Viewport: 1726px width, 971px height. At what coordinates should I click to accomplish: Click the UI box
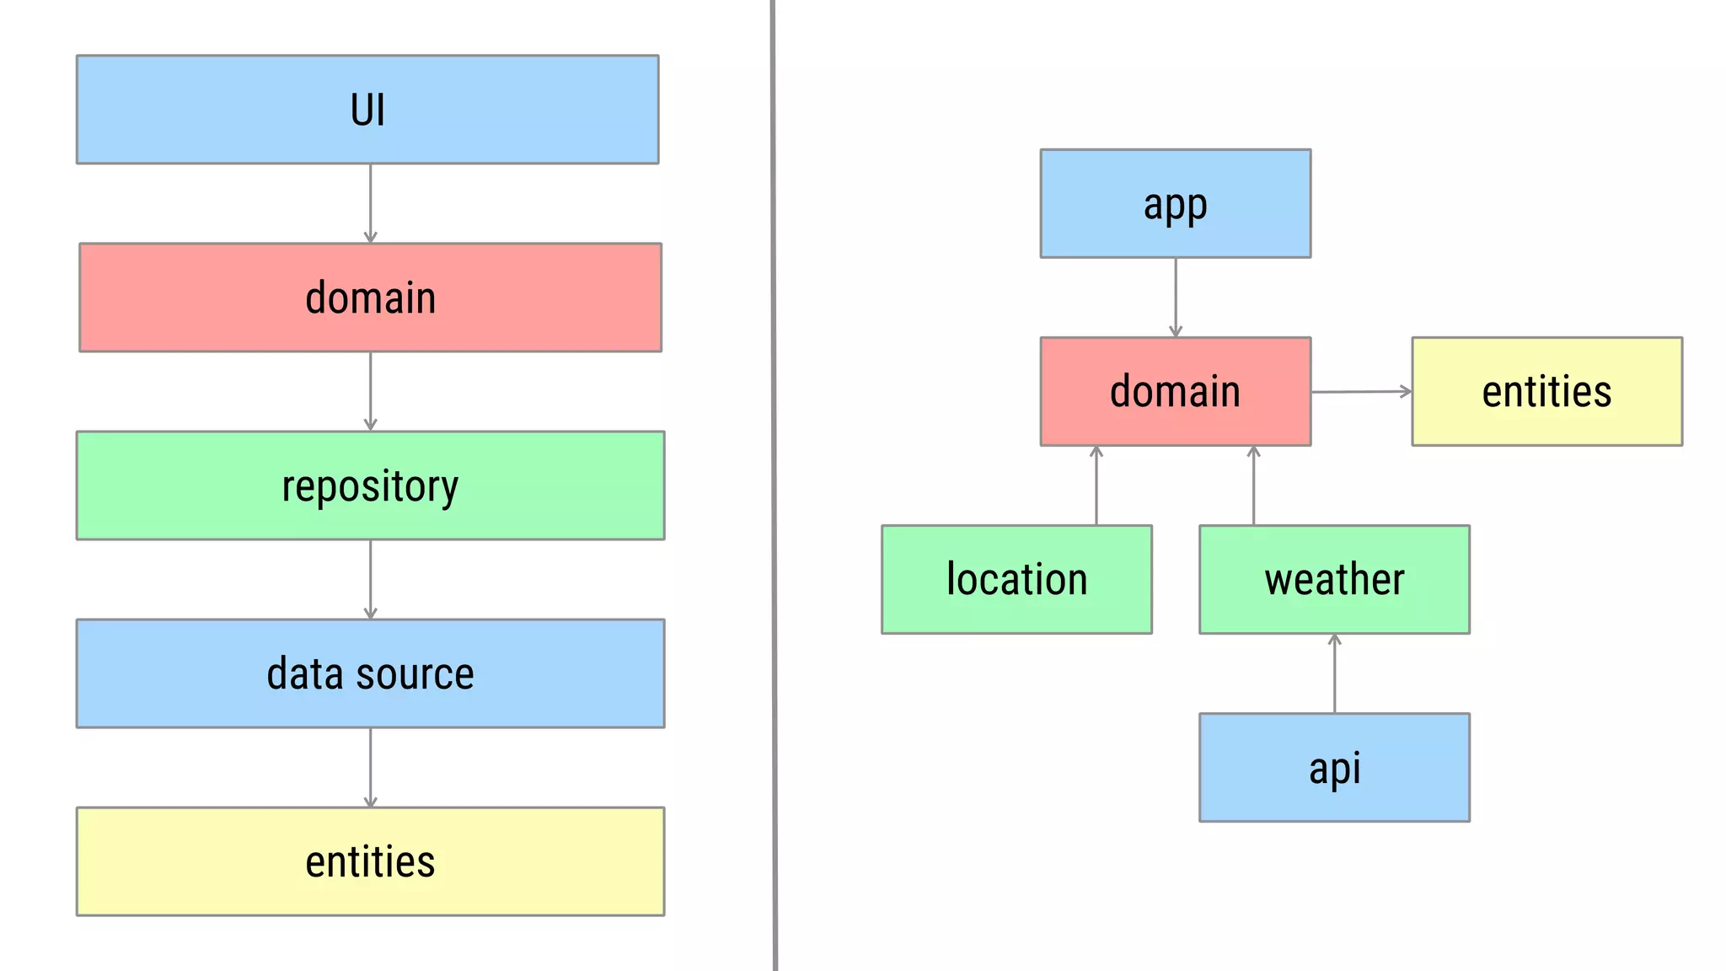[x=367, y=110]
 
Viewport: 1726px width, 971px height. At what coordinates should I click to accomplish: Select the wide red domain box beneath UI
[x=370, y=298]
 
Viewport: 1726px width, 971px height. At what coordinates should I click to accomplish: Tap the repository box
[x=370, y=485]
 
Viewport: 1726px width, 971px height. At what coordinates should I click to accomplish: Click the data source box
[x=370, y=673]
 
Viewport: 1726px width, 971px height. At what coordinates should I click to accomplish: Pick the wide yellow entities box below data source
[x=370, y=861]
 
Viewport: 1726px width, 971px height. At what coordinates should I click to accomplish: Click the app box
[x=1175, y=204]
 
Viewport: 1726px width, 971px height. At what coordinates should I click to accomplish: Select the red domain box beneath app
[x=1175, y=392]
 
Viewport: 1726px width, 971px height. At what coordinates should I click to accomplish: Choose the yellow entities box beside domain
[x=1546, y=392]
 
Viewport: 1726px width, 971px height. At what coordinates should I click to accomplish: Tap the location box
[x=1016, y=580]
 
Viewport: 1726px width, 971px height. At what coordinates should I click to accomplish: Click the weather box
[x=1334, y=580]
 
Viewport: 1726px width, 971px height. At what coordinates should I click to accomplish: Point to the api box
[x=1334, y=768]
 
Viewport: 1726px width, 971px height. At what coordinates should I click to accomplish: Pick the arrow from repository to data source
[x=370, y=580]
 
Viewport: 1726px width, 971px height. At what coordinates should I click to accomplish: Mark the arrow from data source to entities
[x=370, y=768]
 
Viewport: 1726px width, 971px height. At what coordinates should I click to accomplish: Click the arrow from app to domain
[x=1175, y=298]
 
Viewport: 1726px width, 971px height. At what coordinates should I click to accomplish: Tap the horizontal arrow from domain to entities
[x=1361, y=392]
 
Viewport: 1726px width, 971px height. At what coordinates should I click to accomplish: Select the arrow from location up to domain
[x=1096, y=485]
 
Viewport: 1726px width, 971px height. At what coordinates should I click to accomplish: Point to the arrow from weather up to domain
[x=1253, y=485]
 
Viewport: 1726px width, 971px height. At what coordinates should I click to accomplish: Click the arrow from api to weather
[x=1334, y=673]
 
